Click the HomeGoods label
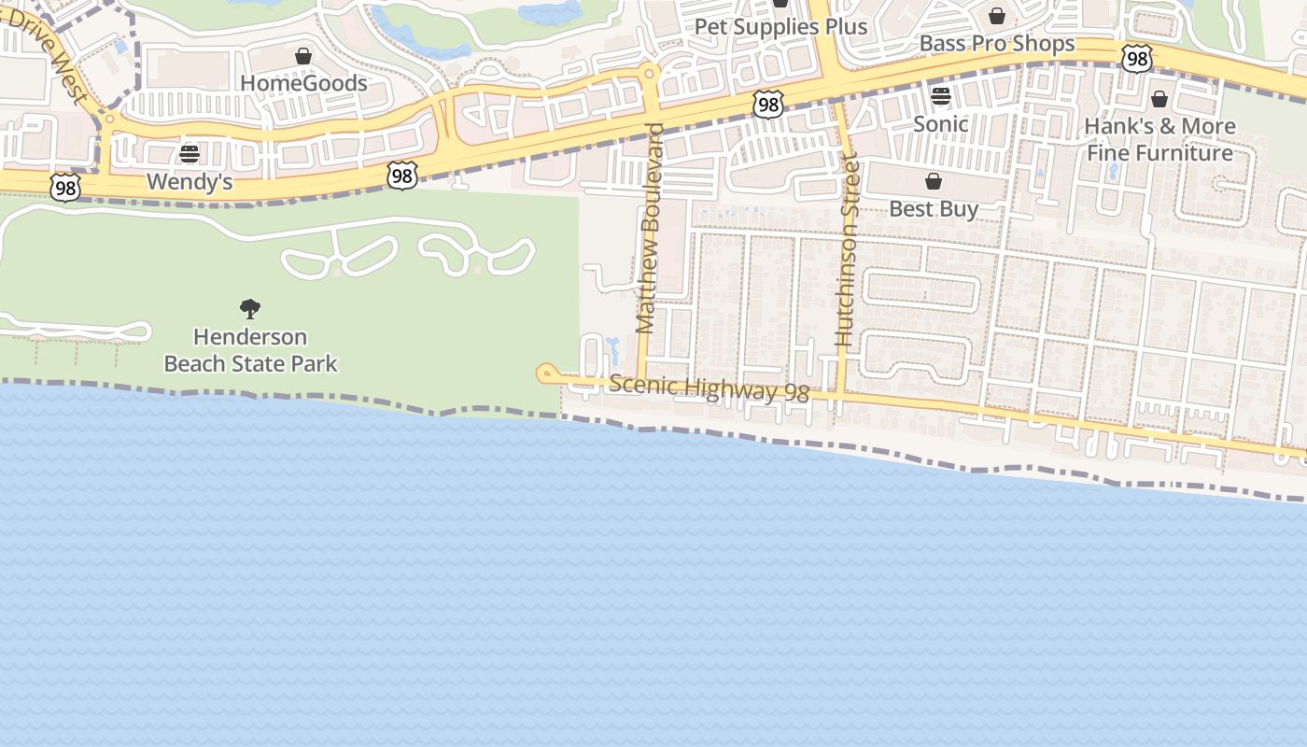(x=303, y=83)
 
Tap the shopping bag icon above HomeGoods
(x=303, y=57)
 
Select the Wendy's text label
(x=190, y=181)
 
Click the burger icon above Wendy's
(x=190, y=154)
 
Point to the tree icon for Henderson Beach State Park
(x=250, y=308)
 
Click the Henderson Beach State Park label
(x=250, y=349)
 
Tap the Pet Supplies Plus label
(x=780, y=27)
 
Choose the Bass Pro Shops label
(x=997, y=44)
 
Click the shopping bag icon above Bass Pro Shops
(x=997, y=17)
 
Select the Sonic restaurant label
(x=940, y=123)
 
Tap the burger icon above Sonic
(x=940, y=96)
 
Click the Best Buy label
(x=934, y=208)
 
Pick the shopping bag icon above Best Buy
(x=934, y=181)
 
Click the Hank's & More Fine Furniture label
(x=1159, y=139)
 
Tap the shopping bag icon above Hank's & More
(x=1159, y=99)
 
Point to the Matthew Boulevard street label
(x=648, y=229)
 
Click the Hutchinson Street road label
(x=847, y=249)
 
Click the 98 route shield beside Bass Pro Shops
(x=1136, y=60)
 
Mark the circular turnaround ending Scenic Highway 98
(x=546, y=373)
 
